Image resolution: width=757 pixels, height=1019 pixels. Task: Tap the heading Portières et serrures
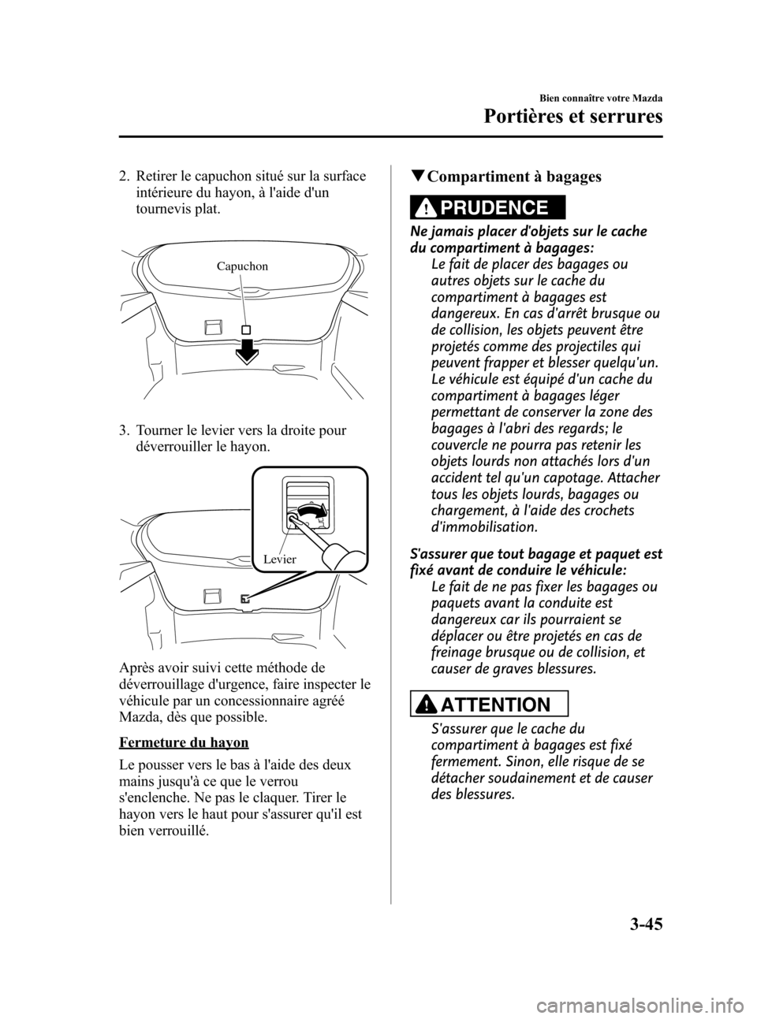point(573,117)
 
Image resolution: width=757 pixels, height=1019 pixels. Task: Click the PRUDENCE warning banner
point(487,207)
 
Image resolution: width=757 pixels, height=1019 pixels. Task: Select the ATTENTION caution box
point(490,704)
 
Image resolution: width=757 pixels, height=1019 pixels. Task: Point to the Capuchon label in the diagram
point(242,266)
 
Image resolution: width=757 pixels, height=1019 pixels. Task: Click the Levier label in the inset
point(280,559)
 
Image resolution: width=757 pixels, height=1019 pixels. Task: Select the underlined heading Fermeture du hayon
point(184,742)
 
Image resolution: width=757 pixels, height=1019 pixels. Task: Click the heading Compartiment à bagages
point(514,177)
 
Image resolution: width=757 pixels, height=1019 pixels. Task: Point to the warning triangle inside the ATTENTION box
point(423,705)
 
